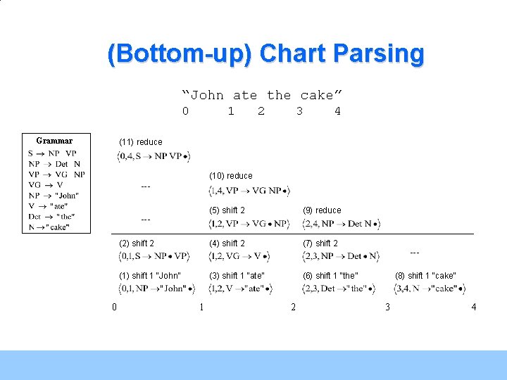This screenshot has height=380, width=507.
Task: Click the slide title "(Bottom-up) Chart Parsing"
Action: [x=265, y=54]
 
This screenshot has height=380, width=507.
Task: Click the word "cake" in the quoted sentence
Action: [x=316, y=95]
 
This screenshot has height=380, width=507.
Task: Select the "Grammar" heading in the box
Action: [x=54, y=141]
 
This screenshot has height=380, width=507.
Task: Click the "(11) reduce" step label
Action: [x=141, y=142]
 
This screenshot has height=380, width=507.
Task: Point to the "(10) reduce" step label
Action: [x=230, y=176]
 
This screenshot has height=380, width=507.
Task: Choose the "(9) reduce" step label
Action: [x=322, y=210]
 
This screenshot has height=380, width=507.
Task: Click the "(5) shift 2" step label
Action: [x=227, y=210]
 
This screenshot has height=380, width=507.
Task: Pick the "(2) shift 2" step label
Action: [x=137, y=243]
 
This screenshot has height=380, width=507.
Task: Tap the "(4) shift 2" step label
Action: [x=227, y=243]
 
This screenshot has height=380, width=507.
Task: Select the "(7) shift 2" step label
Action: [x=320, y=243]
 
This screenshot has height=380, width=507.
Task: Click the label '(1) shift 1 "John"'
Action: [x=150, y=276]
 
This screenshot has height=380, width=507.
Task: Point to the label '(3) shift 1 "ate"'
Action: [x=237, y=276]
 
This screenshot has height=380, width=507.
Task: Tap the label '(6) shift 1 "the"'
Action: [x=330, y=276]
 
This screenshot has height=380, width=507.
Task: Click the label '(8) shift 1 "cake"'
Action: [x=425, y=276]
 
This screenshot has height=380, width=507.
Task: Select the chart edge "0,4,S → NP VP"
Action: [x=154, y=156]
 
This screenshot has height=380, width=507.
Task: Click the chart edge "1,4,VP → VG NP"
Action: [x=249, y=191]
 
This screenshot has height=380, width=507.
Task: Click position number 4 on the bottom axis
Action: [x=474, y=307]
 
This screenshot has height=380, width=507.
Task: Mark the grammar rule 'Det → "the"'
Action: [x=51, y=217]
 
